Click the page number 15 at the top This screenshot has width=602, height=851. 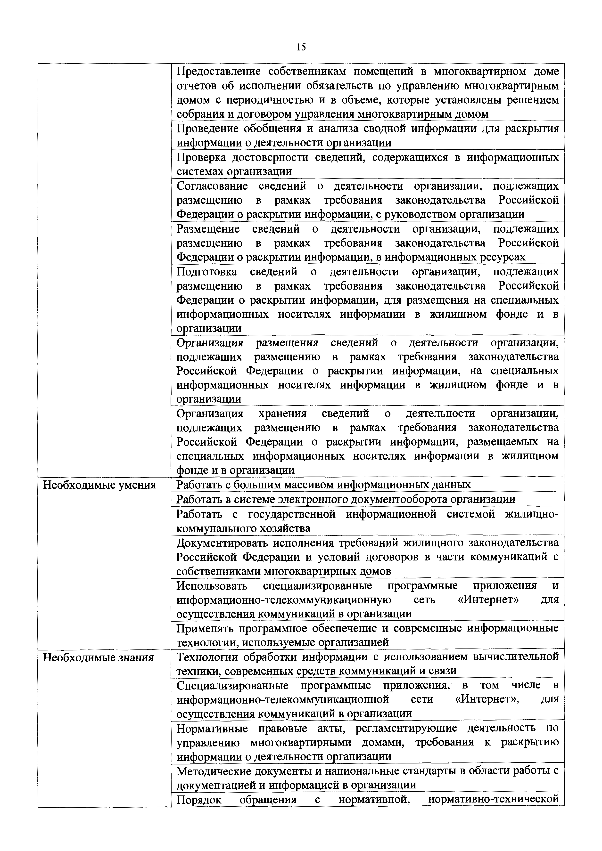click(301, 47)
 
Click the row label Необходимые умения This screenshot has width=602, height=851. click(99, 485)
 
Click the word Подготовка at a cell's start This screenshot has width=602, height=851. click(206, 272)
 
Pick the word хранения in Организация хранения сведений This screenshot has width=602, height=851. click(282, 413)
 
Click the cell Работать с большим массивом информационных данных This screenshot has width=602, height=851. click(323, 485)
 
